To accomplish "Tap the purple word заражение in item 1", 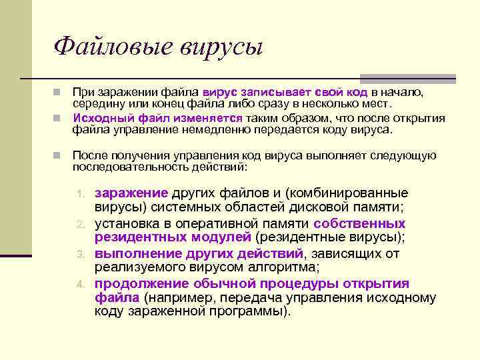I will (x=131, y=193).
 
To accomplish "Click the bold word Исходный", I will (x=99, y=118).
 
